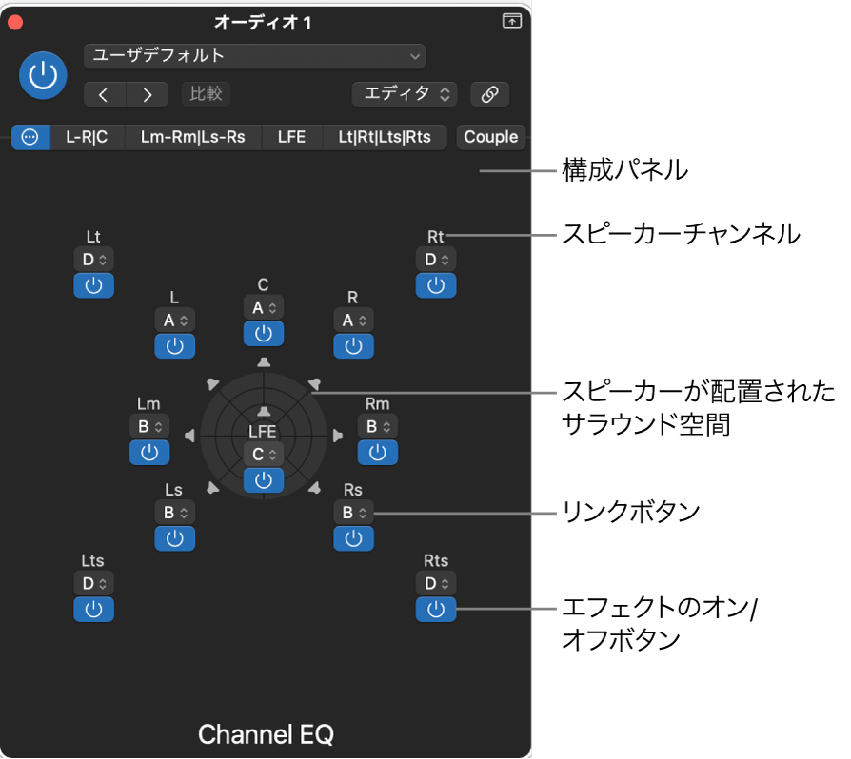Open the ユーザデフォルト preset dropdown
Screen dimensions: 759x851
pos(254,56)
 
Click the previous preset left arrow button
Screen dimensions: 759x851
pos(105,94)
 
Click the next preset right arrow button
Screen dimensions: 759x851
pos(147,94)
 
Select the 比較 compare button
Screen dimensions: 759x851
pos(206,94)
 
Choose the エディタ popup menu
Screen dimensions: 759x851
pos(405,94)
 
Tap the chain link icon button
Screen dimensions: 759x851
pos(490,94)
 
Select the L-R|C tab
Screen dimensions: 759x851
pos(87,137)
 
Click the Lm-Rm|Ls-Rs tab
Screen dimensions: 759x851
pos(192,137)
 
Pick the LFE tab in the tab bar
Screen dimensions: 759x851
pos(291,137)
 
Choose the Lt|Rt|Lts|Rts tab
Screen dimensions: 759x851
pos(385,137)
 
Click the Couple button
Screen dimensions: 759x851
pos(490,137)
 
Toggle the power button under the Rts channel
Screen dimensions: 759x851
pos(436,609)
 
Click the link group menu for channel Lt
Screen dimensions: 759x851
pos(93,259)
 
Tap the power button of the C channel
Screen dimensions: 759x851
pos(264,333)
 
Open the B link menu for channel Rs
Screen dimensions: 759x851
pos(353,513)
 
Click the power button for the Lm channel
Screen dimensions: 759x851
pos(148,453)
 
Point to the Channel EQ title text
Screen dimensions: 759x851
pos(266,734)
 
